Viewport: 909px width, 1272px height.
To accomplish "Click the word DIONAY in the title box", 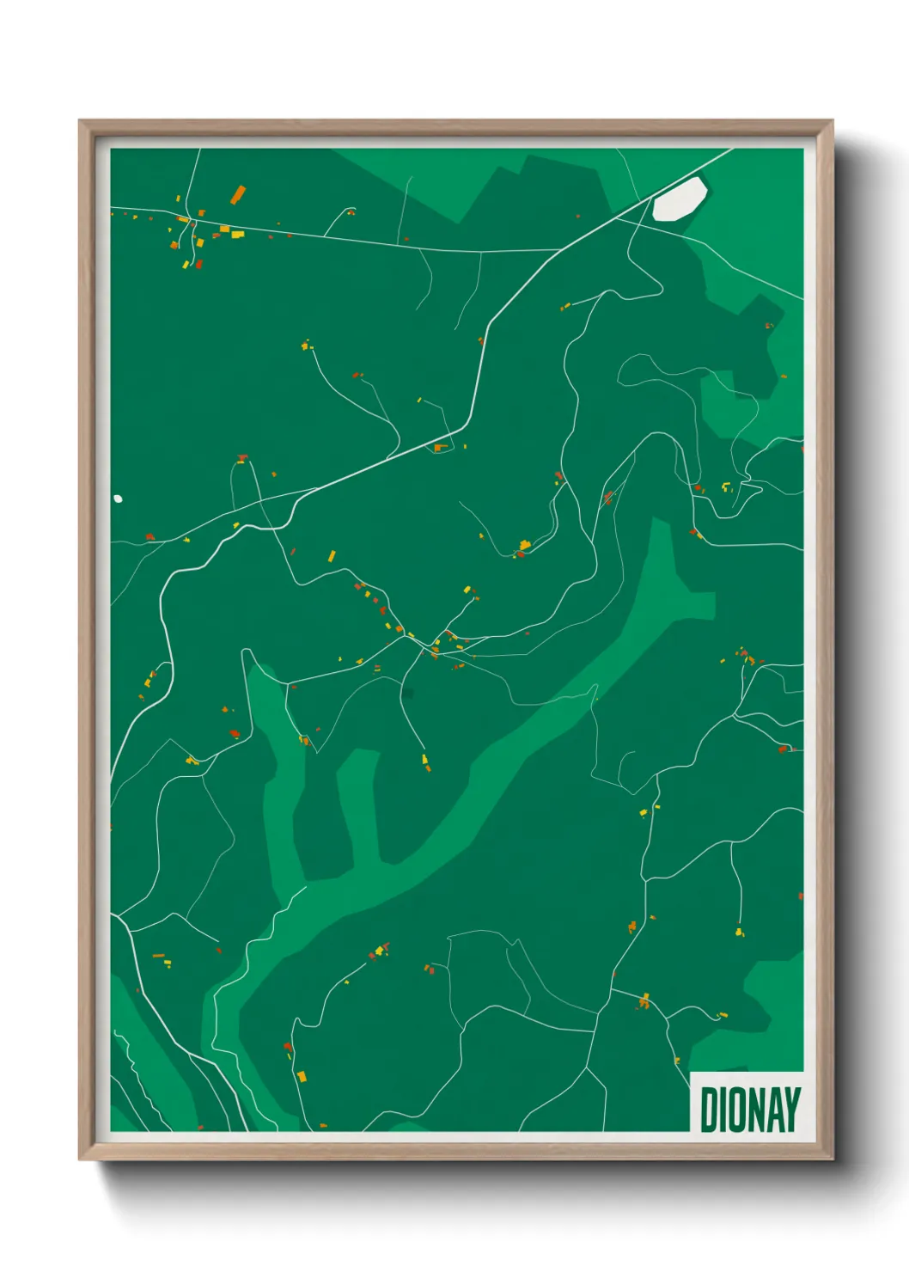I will pyautogui.click(x=749, y=1110).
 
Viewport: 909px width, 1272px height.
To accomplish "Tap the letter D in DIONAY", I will pyautogui.click(x=709, y=1110).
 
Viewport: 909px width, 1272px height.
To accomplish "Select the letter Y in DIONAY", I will pyautogui.click(x=792, y=1110).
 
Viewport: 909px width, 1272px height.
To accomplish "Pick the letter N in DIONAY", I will pyautogui.click(x=755, y=1110).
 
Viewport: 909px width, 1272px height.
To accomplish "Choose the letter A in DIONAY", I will pyautogui.click(x=774, y=1110).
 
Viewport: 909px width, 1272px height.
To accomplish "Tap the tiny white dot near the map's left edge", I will pyautogui.click(x=118, y=498).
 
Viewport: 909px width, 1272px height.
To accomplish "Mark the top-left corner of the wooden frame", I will pyautogui.click(x=80, y=121).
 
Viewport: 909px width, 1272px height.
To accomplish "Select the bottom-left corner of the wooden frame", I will pyautogui.click(x=80, y=1159).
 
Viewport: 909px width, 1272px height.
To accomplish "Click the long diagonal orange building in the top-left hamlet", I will pyautogui.click(x=238, y=194).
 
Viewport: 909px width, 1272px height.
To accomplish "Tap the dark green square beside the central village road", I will pyautogui.click(x=407, y=694).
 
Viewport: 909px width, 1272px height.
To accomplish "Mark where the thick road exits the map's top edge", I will pyautogui.click(x=731, y=150).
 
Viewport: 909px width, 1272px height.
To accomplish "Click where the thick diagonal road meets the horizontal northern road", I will pyautogui.click(x=560, y=250).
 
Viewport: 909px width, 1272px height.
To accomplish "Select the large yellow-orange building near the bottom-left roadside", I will pyautogui.click(x=302, y=1075).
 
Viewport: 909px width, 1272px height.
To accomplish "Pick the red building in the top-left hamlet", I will pyautogui.click(x=199, y=264).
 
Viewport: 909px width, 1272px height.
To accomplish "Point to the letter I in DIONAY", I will pyautogui.click(x=723, y=1110).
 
